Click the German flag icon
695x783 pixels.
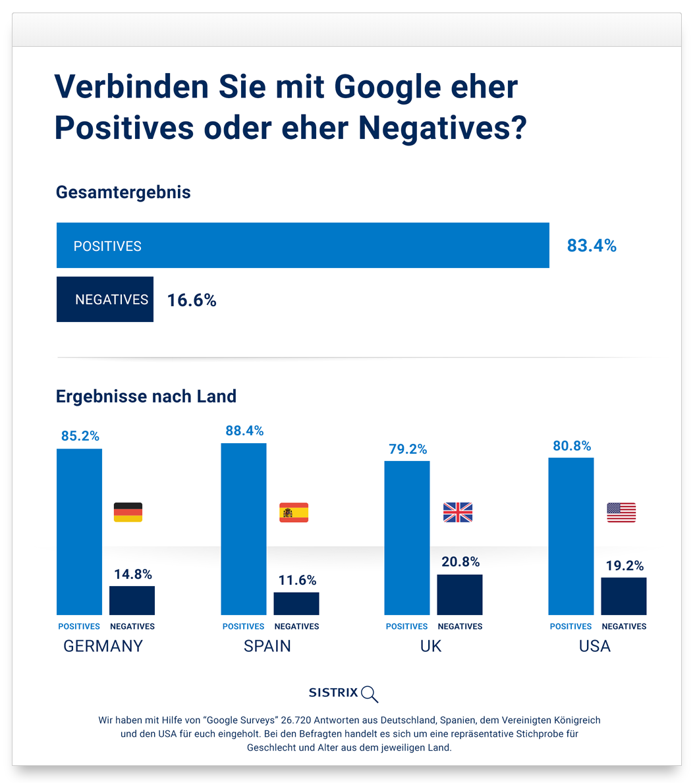coord(128,512)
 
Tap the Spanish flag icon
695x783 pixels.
coord(294,512)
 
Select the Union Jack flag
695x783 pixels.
coord(458,512)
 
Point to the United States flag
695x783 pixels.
coord(621,512)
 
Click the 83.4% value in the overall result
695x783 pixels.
coord(592,246)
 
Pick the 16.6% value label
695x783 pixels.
coord(192,300)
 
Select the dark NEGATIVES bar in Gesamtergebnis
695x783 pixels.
coord(105,300)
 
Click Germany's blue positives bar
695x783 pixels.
coord(80,531)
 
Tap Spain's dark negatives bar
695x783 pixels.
coord(296,603)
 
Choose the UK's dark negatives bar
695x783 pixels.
coord(460,595)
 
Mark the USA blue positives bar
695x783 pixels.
coord(571,536)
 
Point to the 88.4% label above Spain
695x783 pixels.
coord(244,431)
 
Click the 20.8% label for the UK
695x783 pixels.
coord(460,562)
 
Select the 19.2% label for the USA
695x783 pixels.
coord(625,566)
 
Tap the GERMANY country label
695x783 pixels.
coord(103,646)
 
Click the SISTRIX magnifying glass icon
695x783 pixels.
coord(370,693)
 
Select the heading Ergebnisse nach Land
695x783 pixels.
coord(146,396)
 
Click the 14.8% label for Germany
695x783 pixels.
coord(133,574)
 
